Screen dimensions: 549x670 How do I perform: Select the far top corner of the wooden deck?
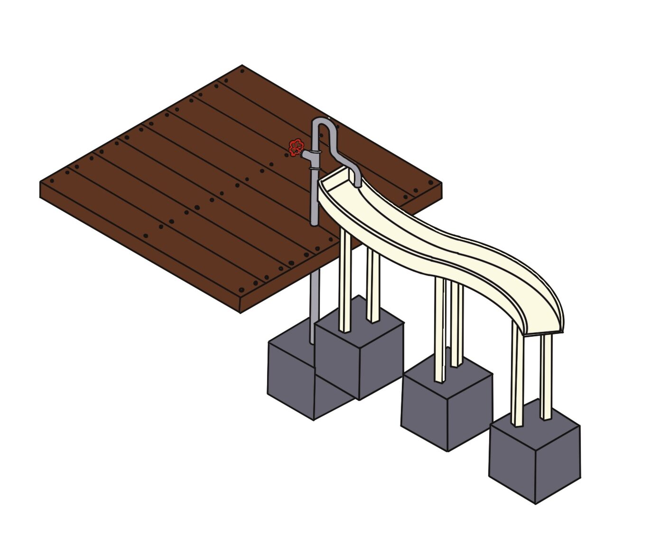pyautogui.click(x=242, y=66)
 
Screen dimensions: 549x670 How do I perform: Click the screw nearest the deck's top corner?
pyautogui.click(x=242, y=72)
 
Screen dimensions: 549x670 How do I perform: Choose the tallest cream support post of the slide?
pyautogui.click(x=345, y=280)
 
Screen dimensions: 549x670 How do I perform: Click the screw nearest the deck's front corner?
pyautogui.click(x=241, y=289)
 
